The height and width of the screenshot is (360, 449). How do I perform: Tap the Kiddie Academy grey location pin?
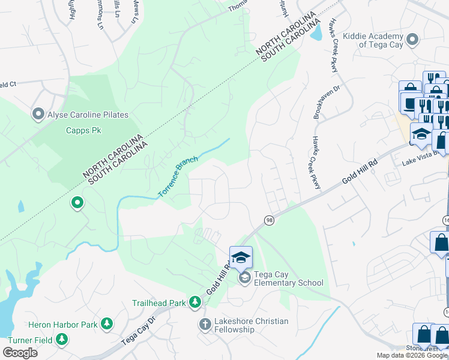tap(412, 40)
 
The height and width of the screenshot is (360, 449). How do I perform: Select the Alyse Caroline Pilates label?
tap(88, 115)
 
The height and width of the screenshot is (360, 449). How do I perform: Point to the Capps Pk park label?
tap(82, 130)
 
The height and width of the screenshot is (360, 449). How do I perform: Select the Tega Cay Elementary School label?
tap(288, 278)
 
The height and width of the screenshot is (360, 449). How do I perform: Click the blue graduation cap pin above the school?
tap(241, 257)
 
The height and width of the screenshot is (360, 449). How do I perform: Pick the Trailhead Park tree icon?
tap(194, 302)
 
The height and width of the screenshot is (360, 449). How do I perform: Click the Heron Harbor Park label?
tap(64, 325)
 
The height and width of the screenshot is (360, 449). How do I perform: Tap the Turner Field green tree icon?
tap(61, 340)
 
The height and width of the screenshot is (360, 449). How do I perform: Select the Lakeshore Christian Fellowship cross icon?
tap(204, 325)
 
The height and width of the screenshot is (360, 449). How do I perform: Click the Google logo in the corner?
tap(20, 353)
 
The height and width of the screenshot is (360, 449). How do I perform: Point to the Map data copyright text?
tap(412, 355)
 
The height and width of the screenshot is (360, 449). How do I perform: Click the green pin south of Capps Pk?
tap(77, 203)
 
